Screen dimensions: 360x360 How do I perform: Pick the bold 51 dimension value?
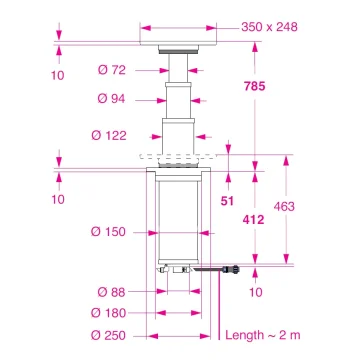click(x=227, y=201)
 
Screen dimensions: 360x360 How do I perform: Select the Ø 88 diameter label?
click(x=113, y=292)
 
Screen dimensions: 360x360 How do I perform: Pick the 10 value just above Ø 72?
click(x=59, y=75)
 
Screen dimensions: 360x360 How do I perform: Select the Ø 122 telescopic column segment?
click(x=179, y=131)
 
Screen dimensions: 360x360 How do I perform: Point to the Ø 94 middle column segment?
click(x=179, y=100)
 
